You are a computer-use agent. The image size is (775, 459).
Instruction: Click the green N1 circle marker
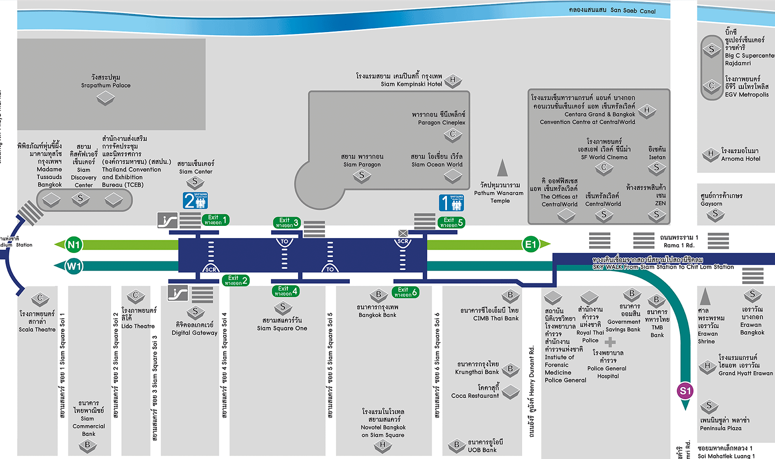tap(73, 245)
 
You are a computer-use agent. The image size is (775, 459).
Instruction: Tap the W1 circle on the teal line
tap(74, 266)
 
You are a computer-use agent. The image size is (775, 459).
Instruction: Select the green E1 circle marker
tap(530, 244)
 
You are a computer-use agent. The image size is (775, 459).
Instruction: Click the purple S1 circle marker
tap(685, 391)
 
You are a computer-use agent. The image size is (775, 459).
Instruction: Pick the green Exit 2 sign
tap(236, 280)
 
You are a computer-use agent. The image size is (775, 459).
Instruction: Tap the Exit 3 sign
tap(287, 222)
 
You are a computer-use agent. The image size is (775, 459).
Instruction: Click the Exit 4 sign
tap(286, 291)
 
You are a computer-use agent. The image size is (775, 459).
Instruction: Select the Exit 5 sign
tap(452, 222)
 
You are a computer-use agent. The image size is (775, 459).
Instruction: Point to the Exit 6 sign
tap(406, 292)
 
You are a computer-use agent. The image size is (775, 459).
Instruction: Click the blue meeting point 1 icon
tap(451, 203)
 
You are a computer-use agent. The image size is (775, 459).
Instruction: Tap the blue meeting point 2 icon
tap(196, 201)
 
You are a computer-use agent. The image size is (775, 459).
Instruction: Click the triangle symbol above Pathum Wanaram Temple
tap(502, 168)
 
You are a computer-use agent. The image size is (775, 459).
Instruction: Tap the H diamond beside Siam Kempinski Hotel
tap(453, 80)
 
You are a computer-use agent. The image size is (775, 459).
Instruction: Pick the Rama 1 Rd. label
tap(679, 241)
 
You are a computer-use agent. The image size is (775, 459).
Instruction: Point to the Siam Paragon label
tap(362, 160)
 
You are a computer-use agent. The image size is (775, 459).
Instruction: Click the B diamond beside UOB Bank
tap(457, 444)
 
